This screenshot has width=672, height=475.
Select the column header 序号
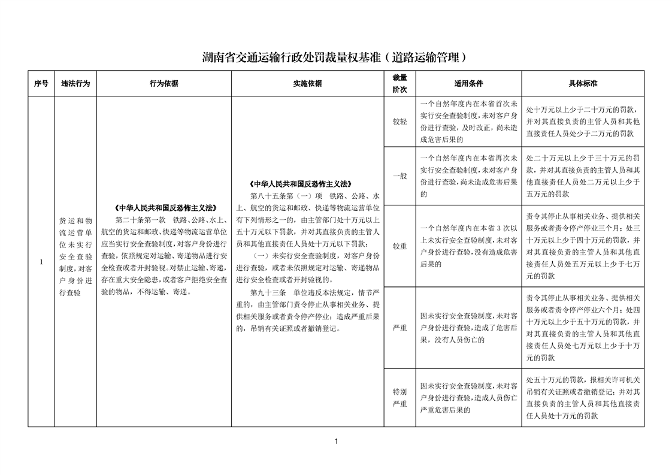coord(41,84)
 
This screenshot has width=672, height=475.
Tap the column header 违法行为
coord(75,84)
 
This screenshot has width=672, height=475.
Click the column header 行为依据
coord(164,84)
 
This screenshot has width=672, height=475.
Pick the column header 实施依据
coord(307,84)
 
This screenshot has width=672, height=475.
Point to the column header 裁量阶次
coord(399,84)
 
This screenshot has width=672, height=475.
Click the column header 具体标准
coord(583,84)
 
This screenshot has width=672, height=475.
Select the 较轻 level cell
coord(399,122)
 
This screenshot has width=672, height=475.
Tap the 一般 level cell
coord(399,176)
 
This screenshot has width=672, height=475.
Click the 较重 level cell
coord(399,246)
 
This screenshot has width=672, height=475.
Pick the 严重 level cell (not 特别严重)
coord(399,328)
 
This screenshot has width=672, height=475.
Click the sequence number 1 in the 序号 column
coord(41,262)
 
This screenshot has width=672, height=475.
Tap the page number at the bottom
coord(336,441)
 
